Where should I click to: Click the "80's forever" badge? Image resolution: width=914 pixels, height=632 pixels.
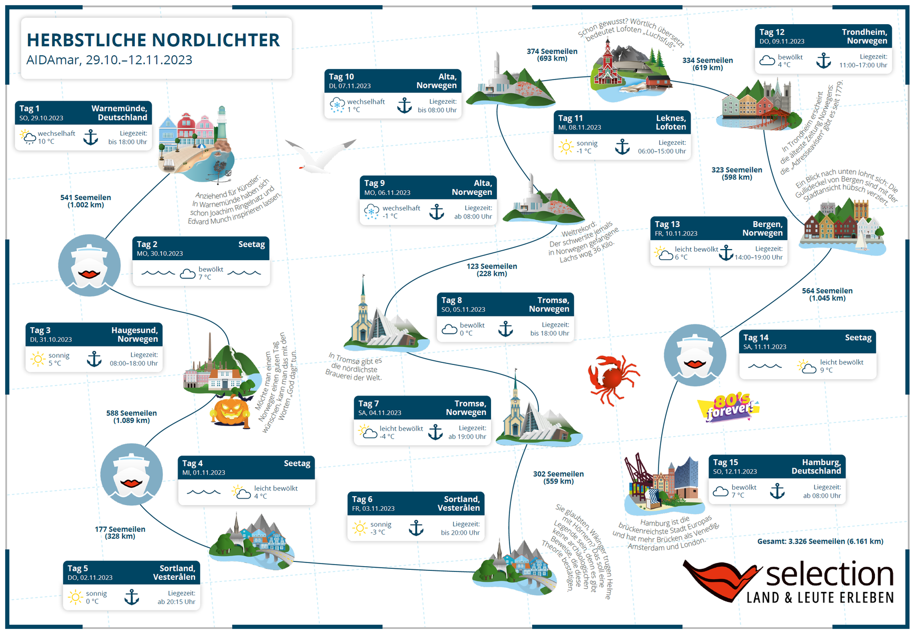(x=729, y=407)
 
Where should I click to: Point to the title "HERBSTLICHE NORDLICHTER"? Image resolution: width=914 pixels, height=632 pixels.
(x=153, y=40)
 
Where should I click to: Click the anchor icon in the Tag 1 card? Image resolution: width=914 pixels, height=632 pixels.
(x=91, y=137)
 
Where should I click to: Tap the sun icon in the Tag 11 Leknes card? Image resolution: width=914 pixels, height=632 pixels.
(x=566, y=147)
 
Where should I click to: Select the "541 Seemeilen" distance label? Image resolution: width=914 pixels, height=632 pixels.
(x=85, y=197)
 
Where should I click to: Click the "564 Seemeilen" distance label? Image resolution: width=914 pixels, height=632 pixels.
(x=827, y=291)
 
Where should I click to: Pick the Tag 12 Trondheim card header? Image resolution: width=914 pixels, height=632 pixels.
(x=823, y=36)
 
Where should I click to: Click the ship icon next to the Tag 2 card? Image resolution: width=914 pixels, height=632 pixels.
(x=89, y=265)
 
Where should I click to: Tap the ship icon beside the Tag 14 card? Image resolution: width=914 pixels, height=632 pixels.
(x=695, y=355)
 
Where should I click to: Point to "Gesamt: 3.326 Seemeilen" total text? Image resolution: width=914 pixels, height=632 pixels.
(x=820, y=541)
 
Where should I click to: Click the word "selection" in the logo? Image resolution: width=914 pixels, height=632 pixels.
(x=829, y=574)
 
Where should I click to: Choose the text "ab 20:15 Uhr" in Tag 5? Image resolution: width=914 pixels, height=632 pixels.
(x=176, y=602)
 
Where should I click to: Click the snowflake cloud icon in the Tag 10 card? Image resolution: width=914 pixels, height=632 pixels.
(x=337, y=105)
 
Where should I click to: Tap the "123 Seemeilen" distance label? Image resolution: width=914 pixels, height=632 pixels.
(x=492, y=266)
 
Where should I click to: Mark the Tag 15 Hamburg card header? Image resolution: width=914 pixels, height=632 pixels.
(x=777, y=467)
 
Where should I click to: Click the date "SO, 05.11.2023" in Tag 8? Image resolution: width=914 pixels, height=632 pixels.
(x=463, y=310)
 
